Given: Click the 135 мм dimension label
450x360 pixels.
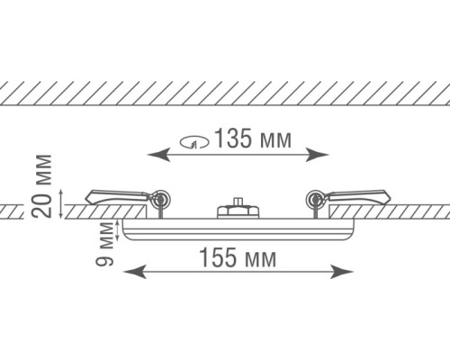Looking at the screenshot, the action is tap(254, 139).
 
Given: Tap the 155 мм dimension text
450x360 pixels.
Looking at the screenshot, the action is tap(238, 257).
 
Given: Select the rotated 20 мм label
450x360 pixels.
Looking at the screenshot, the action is tap(41, 186).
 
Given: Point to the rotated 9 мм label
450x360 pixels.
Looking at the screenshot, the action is tap(104, 244).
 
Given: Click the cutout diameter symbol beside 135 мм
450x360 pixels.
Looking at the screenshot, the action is tap(194, 142).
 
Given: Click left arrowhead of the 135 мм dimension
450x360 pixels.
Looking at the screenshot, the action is tap(158, 155).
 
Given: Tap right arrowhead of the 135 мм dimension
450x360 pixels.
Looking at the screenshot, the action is tap(318, 155).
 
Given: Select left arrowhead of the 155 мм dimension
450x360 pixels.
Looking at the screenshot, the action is tap(135, 272).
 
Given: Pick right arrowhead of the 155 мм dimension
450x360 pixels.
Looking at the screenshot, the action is tap(342, 272).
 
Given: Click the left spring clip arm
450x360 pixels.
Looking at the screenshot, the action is tap(117, 196).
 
